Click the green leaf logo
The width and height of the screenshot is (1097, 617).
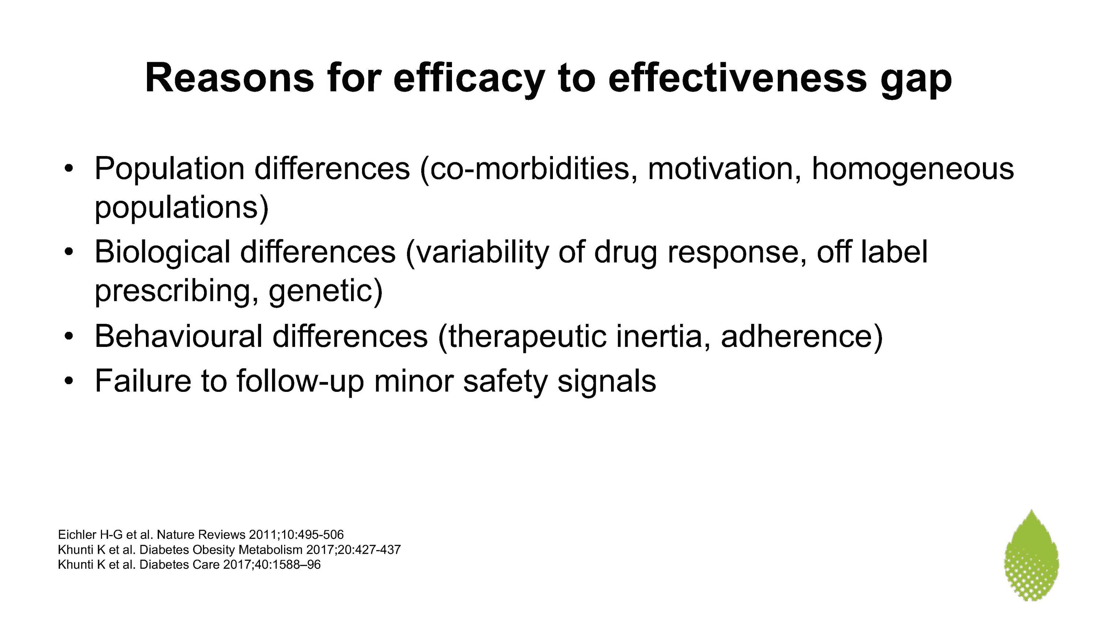[1032, 555]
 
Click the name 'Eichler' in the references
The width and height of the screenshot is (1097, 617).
[77, 534]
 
